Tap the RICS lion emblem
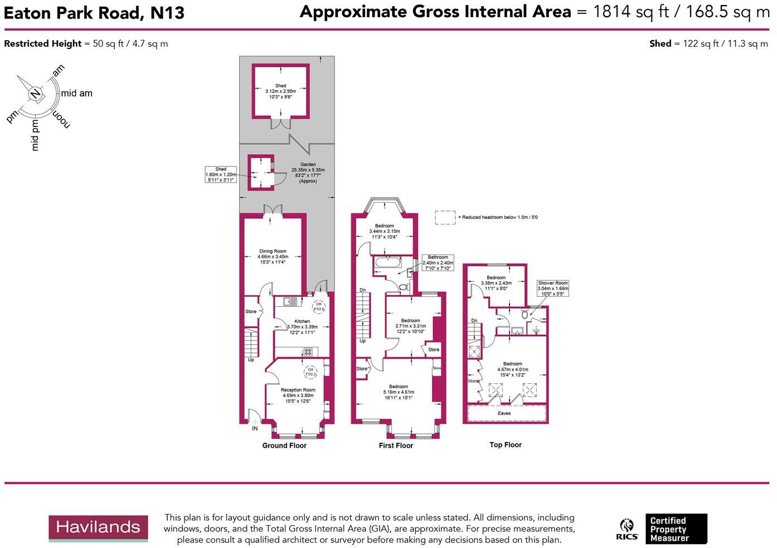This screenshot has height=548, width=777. (627, 526)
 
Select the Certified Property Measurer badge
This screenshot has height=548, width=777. (676, 529)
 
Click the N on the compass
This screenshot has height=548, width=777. (35, 94)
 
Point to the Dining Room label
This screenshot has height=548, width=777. (273, 257)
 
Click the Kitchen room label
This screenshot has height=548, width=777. (302, 327)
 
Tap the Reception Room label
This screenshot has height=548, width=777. (298, 395)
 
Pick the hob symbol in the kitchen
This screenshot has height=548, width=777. (308, 351)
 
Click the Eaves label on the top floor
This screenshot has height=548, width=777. (504, 413)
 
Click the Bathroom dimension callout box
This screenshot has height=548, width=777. (438, 263)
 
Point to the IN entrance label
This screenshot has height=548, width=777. (255, 428)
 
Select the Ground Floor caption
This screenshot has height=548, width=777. (284, 446)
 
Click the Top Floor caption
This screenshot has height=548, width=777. (506, 445)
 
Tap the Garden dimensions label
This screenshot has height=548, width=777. (308, 173)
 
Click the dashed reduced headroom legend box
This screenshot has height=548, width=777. (445, 217)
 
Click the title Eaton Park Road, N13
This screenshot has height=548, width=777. (94, 13)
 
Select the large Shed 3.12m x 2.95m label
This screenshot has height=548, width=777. (280, 91)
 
